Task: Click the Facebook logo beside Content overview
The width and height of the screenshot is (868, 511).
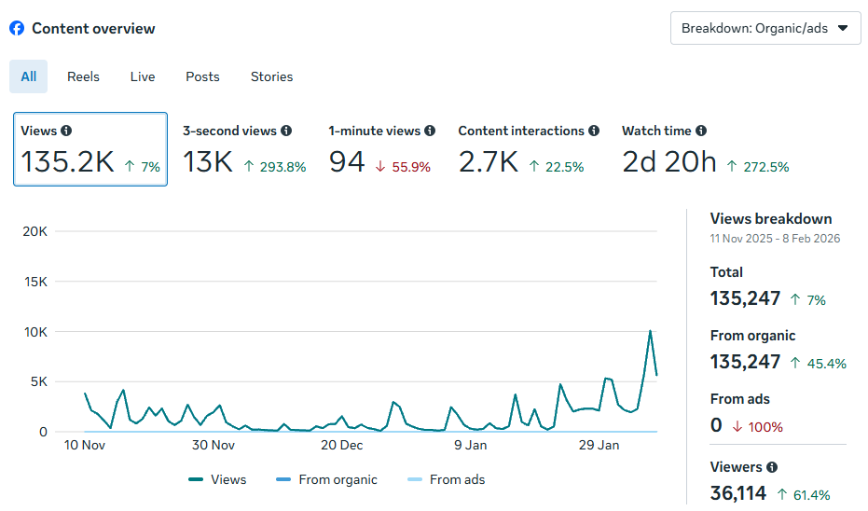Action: click(x=17, y=28)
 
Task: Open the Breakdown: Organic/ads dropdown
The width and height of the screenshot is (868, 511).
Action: click(x=765, y=28)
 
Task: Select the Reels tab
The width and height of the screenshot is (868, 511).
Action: click(x=83, y=76)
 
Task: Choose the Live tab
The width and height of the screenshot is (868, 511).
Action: click(x=143, y=76)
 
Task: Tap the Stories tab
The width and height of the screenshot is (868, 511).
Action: click(x=271, y=76)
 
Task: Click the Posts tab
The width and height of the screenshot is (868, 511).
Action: click(x=202, y=76)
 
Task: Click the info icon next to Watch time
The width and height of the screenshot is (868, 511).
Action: click(x=700, y=131)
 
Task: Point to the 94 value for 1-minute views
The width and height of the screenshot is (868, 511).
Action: click(x=347, y=162)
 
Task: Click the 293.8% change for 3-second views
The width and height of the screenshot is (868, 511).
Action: click(x=275, y=167)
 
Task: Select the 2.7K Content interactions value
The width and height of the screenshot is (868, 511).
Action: click(x=488, y=162)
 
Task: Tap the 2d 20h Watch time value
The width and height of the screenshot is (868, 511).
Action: click(x=668, y=162)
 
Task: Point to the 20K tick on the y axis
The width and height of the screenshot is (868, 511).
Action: click(x=34, y=231)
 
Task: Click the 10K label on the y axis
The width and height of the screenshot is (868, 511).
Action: click(x=34, y=332)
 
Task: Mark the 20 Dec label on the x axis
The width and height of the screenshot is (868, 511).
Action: click(x=341, y=445)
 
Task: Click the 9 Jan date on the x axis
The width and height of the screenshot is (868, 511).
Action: click(x=470, y=445)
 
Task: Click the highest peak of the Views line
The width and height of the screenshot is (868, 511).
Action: click(x=650, y=331)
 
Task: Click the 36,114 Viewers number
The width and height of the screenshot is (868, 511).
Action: click(x=738, y=493)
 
